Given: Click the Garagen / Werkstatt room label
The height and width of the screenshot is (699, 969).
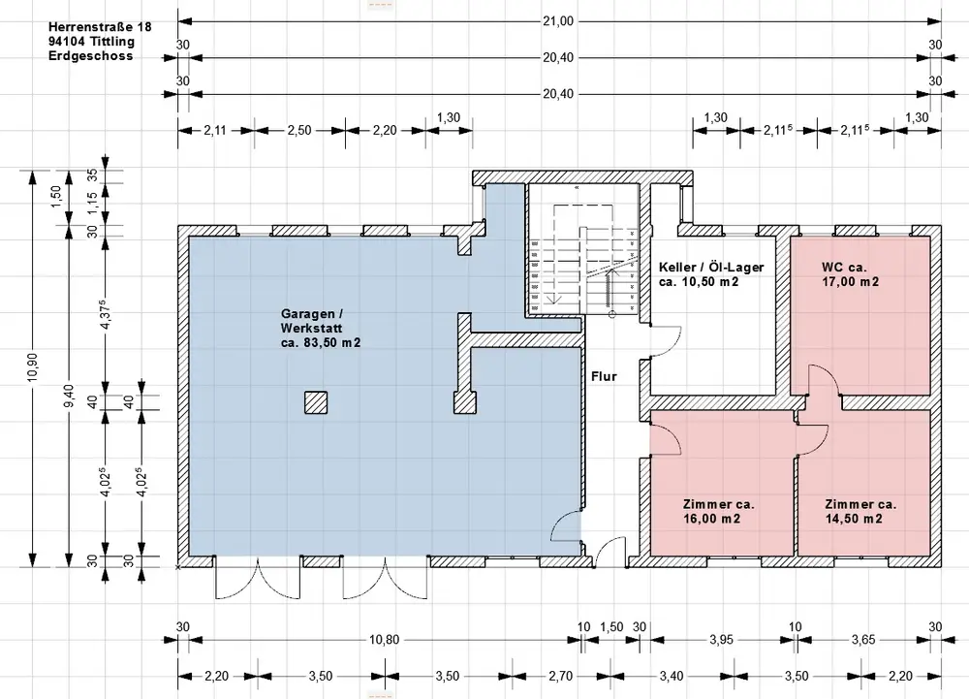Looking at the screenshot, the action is pyautogui.click(x=320, y=328).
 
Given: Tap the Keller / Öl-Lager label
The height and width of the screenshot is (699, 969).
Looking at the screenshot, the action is pyautogui.click(x=711, y=274).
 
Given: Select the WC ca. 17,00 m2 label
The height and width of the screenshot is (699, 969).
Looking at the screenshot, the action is pyautogui.click(x=851, y=274).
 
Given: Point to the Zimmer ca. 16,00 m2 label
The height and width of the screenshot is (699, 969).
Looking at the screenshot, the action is pyautogui.click(x=718, y=511).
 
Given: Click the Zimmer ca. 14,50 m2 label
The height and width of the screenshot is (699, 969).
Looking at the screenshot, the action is pyautogui.click(x=860, y=511).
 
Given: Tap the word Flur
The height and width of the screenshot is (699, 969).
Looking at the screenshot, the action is pyautogui.click(x=604, y=376).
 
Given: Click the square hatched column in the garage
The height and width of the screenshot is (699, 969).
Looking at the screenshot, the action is pyautogui.click(x=316, y=402).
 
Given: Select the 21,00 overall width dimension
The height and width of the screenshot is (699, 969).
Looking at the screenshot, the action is pyautogui.click(x=558, y=21).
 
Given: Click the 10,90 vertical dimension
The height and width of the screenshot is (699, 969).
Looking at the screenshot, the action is pyautogui.click(x=33, y=367).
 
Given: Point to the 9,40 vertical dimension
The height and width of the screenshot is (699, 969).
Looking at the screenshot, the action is pyautogui.click(x=69, y=396).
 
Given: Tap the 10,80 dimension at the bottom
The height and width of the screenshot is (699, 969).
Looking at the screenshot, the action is pyautogui.click(x=384, y=640).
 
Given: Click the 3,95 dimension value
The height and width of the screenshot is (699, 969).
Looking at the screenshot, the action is pyautogui.click(x=721, y=640).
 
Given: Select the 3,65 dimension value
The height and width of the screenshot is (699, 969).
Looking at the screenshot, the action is pyautogui.click(x=863, y=640).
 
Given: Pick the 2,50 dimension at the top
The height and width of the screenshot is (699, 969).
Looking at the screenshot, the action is pyautogui.click(x=299, y=131).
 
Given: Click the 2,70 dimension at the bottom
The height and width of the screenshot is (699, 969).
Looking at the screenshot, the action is pyautogui.click(x=560, y=676).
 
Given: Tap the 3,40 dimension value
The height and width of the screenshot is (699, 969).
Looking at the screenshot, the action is pyautogui.click(x=672, y=676).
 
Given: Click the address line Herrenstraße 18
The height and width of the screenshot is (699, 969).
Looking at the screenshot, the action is pyautogui.click(x=100, y=27).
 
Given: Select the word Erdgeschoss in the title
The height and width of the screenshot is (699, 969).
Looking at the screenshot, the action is pyautogui.click(x=90, y=55).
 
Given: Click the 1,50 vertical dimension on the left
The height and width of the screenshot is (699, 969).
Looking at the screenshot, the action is pyautogui.click(x=56, y=197).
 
